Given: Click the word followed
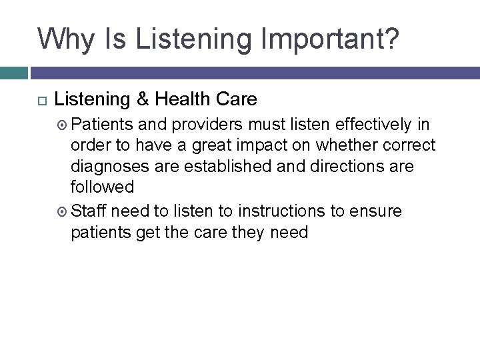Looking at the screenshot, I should click(x=102, y=187).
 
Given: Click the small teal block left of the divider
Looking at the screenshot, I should click(x=14, y=73).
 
